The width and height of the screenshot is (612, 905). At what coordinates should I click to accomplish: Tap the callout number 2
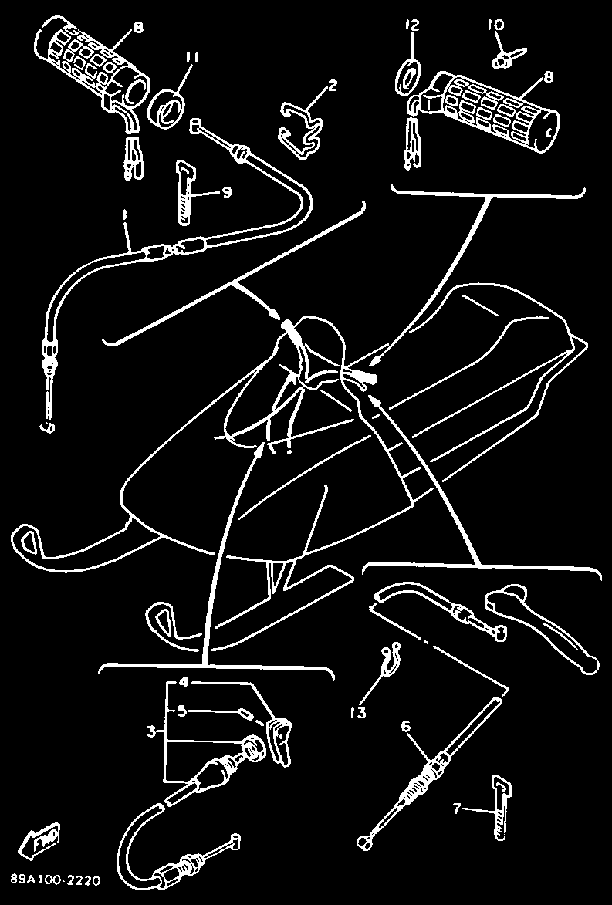[332, 87]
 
